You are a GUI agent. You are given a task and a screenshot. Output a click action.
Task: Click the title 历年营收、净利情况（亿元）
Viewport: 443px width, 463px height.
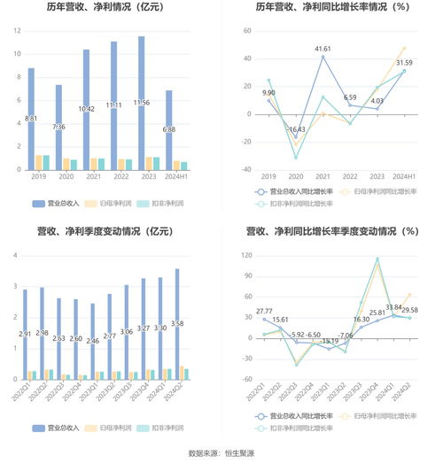point(110,8)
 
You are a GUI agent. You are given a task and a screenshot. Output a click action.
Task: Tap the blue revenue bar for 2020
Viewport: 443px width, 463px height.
point(58,128)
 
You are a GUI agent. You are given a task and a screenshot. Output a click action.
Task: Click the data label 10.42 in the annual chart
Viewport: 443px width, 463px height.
point(86,109)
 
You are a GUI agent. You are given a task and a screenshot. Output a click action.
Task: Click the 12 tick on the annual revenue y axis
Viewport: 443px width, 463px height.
point(17,31)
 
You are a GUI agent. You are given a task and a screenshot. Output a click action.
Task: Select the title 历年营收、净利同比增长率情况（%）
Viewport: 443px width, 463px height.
point(331,8)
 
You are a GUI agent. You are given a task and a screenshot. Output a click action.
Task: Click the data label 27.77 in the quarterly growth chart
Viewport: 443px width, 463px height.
point(263,312)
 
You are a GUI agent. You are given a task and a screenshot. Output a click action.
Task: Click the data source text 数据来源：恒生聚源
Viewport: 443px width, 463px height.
point(221,453)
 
